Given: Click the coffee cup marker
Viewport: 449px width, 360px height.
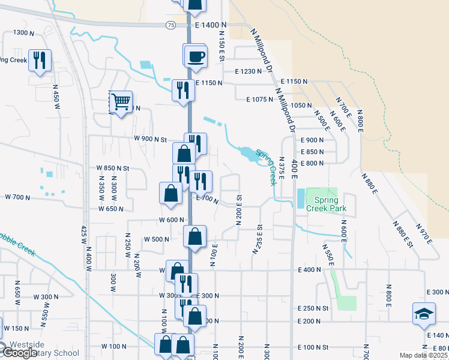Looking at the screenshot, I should coord(195,56).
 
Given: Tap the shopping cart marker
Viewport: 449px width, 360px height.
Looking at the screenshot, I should coord(121,102).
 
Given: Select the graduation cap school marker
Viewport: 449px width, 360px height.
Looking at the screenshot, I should coord(424,314).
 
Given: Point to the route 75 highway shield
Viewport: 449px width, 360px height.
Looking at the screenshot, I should coord(171,25).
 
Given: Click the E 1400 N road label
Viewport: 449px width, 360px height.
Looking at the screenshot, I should coord(211,25).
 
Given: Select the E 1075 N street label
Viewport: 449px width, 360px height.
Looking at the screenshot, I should coord(259,100).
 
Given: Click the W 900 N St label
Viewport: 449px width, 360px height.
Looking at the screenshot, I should coord(150,139).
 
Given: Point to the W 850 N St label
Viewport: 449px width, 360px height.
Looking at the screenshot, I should coord(113,169).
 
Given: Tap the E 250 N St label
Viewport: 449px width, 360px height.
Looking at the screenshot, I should coord(314,308).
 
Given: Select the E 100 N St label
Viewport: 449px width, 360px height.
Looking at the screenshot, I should coord(314,348).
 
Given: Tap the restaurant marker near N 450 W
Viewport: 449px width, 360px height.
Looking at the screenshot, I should coord(40,60).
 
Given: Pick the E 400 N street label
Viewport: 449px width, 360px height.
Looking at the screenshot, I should coord(310,271).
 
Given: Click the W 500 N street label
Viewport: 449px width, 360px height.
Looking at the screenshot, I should coord(157,239).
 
